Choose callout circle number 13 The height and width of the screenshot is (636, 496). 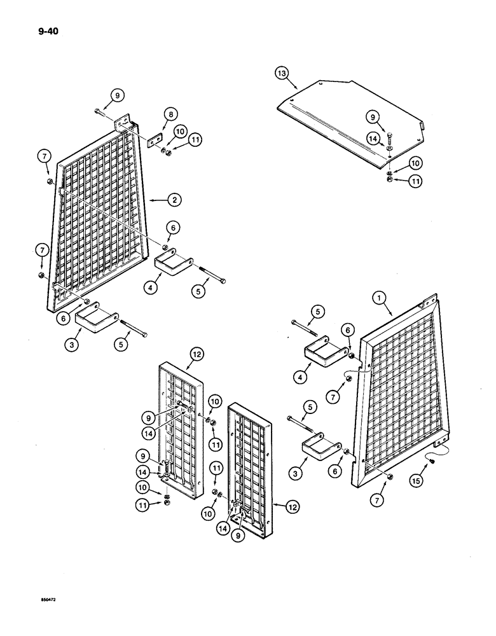(282, 74)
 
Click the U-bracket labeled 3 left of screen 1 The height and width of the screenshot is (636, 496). (317, 452)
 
